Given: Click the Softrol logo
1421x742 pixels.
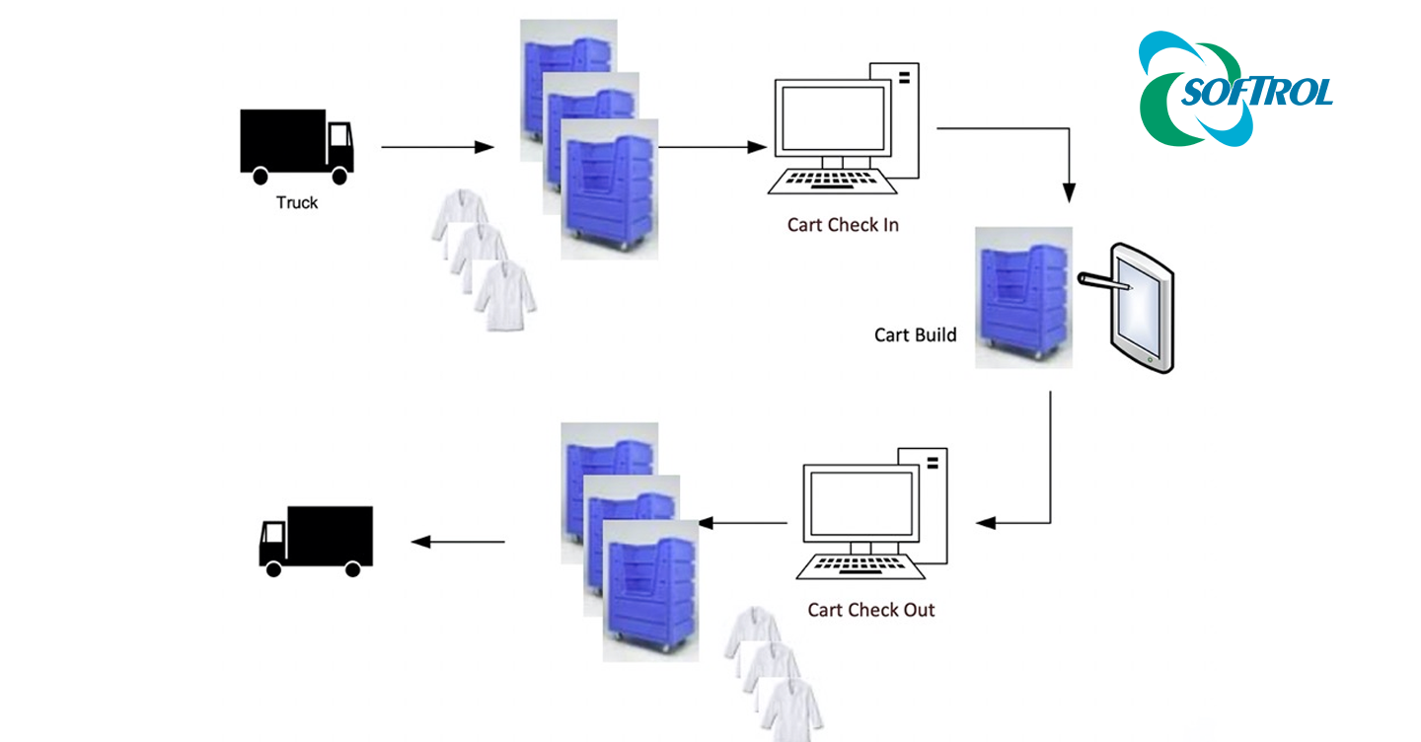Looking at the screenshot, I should (1235, 90).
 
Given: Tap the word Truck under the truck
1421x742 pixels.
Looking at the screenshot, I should (297, 202).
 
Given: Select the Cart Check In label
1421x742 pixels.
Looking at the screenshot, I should (843, 225).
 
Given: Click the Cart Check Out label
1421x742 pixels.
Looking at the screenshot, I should (870, 610).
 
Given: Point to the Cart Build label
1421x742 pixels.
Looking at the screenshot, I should (915, 334).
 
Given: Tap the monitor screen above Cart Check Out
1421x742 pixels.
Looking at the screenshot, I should (857, 503).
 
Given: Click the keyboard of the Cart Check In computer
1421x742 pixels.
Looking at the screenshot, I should (832, 181).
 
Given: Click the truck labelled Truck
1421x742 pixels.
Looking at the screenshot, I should (296, 146).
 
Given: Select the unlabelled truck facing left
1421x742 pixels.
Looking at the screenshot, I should (316, 540).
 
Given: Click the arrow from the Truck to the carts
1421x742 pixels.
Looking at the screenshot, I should (436, 147).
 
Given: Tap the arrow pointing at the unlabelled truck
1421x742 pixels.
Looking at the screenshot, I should (458, 541).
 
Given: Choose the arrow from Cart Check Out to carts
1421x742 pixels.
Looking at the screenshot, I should (742, 522).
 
